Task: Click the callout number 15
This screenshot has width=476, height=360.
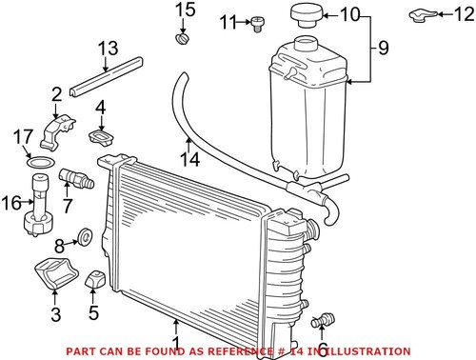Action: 185,10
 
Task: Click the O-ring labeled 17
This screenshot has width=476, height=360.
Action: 38,164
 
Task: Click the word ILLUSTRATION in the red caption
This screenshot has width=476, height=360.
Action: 369,350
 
